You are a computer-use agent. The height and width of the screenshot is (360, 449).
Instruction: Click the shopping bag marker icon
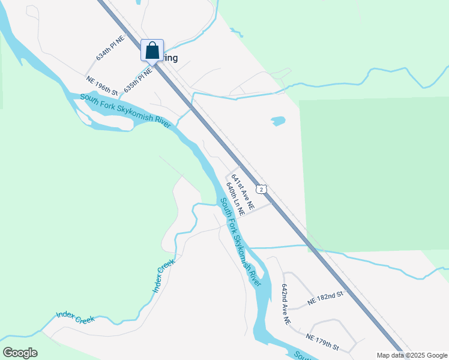[x=152, y=50]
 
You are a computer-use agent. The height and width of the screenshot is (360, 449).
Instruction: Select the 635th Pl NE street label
[x=137, y=79]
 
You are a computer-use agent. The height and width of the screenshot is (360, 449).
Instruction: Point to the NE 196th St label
[x=101, y=86]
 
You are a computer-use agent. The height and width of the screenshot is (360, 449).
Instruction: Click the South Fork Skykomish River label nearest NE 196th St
[x=125, y=111]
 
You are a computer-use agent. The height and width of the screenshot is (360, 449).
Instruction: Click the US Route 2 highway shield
[x=261, y=189]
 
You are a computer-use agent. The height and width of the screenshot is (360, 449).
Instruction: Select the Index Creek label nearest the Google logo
[x=76, y=317]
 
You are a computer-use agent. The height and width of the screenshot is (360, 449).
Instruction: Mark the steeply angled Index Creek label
[x=163, y=277]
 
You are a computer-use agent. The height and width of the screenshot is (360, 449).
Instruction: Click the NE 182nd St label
[x=325, y=298]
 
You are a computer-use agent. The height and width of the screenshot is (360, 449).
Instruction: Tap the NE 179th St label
[x=323, y=343]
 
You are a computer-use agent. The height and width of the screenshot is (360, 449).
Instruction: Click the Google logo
[x=20, y=353]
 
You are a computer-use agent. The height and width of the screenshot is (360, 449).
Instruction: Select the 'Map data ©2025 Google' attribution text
[x=412, y=355]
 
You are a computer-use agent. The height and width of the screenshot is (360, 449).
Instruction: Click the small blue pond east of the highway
[x=278, y=121]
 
